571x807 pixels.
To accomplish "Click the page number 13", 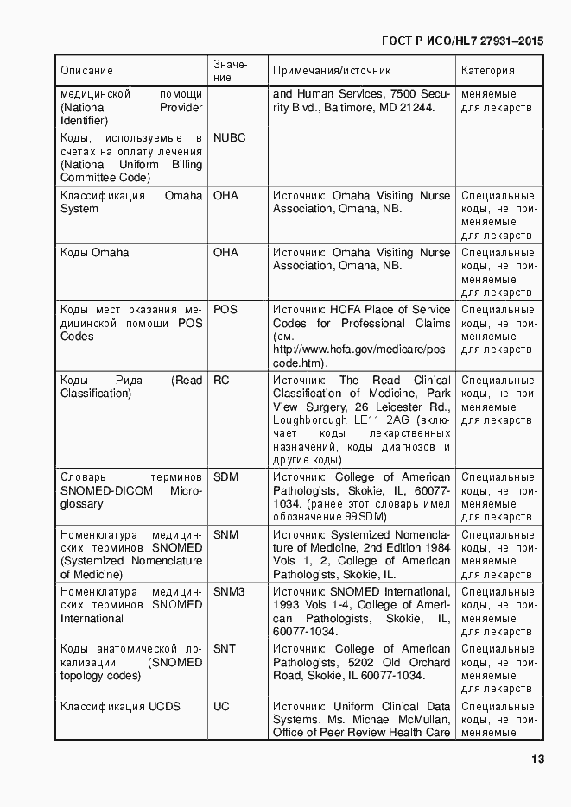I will pos(536,760).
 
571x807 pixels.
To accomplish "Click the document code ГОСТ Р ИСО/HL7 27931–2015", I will pos(462,41).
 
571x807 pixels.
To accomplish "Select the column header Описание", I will pos(86,71).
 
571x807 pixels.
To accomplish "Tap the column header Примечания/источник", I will pos(332,71).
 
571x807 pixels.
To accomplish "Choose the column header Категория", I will pos(487,71).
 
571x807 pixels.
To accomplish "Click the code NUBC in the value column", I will pos(229,138).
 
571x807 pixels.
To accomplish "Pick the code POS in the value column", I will pos(225,310).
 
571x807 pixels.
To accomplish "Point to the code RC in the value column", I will pos(221,381).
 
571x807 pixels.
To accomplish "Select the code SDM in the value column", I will pos(225,477).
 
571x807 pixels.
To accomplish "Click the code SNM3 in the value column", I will pos(229,592).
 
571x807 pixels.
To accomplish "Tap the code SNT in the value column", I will pos(225,649).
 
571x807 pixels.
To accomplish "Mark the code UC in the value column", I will pos(221,707).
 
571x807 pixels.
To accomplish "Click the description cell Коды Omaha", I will pos(94,253).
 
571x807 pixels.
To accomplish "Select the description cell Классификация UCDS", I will pos(120,707).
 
